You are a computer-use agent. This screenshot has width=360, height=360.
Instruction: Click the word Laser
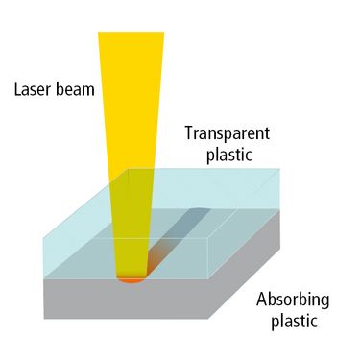pyautogui.click(x=33, y=88)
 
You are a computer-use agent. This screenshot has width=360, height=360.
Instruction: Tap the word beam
pyautogui.click(x=75, y=88)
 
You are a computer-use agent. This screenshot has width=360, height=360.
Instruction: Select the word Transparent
pyautogui.click(x=228, y=133)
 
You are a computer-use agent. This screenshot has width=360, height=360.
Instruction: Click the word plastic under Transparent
pyautogui.click(x=229, y=155)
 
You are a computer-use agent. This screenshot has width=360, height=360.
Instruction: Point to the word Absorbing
pyautogui.click(x=293, y=300)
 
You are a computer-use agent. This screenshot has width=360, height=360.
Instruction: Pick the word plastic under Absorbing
pyautogui.click(x=295, y=321)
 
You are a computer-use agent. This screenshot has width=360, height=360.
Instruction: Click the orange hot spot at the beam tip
pyautogui.click(x=132, y=280)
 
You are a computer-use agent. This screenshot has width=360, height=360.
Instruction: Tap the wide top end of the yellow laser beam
pyautogui.click(x=131, y=33)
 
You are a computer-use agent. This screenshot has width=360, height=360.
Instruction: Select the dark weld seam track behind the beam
pyautogui.click(x=180, y=238)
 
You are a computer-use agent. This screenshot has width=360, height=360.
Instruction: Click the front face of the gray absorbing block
pyautogui.click(x=126, y=299)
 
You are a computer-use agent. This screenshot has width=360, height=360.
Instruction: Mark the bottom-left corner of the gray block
pyautogui.click(x=44, y=319)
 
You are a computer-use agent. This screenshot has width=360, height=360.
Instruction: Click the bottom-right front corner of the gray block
pyautogui.click(x=208, y=319)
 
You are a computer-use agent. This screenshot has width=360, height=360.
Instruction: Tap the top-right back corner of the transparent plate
pyautogui.click(x=280, y=169)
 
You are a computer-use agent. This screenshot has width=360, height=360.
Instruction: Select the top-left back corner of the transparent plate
pyautogui.click(x=129, y=169)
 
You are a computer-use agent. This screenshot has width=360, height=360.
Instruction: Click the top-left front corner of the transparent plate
pyautogui.click(x=44, y=238)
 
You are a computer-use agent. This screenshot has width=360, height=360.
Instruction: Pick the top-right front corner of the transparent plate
pyautogui.click(x=208, y=238)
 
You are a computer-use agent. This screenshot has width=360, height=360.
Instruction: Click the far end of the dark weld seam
pyautogui.click(x=202, y=208)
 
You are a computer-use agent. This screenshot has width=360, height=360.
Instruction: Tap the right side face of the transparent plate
pyautogui.click(x=245, y=224)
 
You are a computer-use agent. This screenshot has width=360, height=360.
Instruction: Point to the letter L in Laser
pyautogui.click(x=18, y=89)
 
